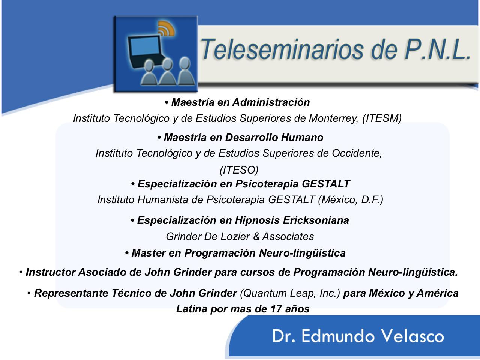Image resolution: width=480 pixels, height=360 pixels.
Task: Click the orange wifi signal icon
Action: pyautogui.click(x=166, y=28)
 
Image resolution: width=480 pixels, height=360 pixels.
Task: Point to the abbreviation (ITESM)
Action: pyautogui.click(x=382, y=118)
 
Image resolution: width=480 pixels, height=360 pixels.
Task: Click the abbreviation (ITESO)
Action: pyautogui.click(x=239, y=170)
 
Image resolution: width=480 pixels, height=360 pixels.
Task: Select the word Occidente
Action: pyautogui.click(x=357, y=153)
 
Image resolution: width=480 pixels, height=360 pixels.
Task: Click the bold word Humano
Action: pyautogui.click(x=302, y=138)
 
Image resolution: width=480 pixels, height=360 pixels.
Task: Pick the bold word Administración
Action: pyautogui.click(x=271, y=102)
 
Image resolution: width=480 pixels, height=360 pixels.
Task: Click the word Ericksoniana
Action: pyautogui.click(x=316, y=220)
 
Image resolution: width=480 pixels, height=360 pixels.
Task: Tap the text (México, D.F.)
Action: pyautogui.click(x=351, y=200)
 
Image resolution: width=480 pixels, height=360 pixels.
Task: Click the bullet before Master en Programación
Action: pyautogui.click(x=127, y=253)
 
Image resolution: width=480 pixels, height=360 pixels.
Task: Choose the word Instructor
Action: pyautogui.click(x=51, y=272)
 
